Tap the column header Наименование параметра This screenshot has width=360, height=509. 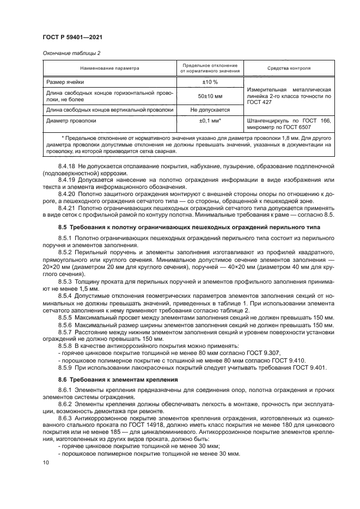click(110, 69)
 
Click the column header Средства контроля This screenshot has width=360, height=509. click(289, 69)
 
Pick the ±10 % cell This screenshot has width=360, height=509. click(210, 82)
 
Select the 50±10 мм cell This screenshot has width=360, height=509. click(210, 96)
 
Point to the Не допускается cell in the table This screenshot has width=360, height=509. click(210, 110)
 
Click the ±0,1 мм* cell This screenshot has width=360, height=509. click(210, 121)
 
